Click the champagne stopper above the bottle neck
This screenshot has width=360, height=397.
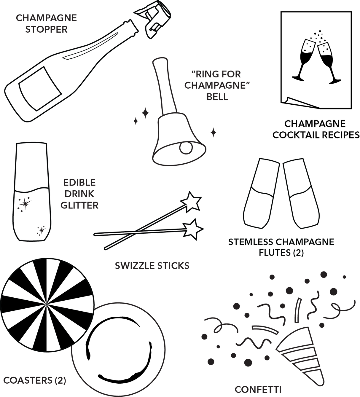(x=154, y=19)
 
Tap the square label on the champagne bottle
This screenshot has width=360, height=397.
(x=40, y=88)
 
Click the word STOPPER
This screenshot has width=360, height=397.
(x=46, y=30)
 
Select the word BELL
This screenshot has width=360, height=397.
(x=217, y=97)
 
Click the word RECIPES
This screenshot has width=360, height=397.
(x=341, y=135)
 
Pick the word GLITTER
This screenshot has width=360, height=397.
(x=79, y=205)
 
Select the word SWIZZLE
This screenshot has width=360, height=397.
(x=135, y=266)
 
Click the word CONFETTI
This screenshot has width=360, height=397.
(x=258, y=390)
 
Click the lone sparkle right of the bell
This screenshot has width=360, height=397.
(x=213, y=133)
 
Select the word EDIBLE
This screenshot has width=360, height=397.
(x=79, y=182)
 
